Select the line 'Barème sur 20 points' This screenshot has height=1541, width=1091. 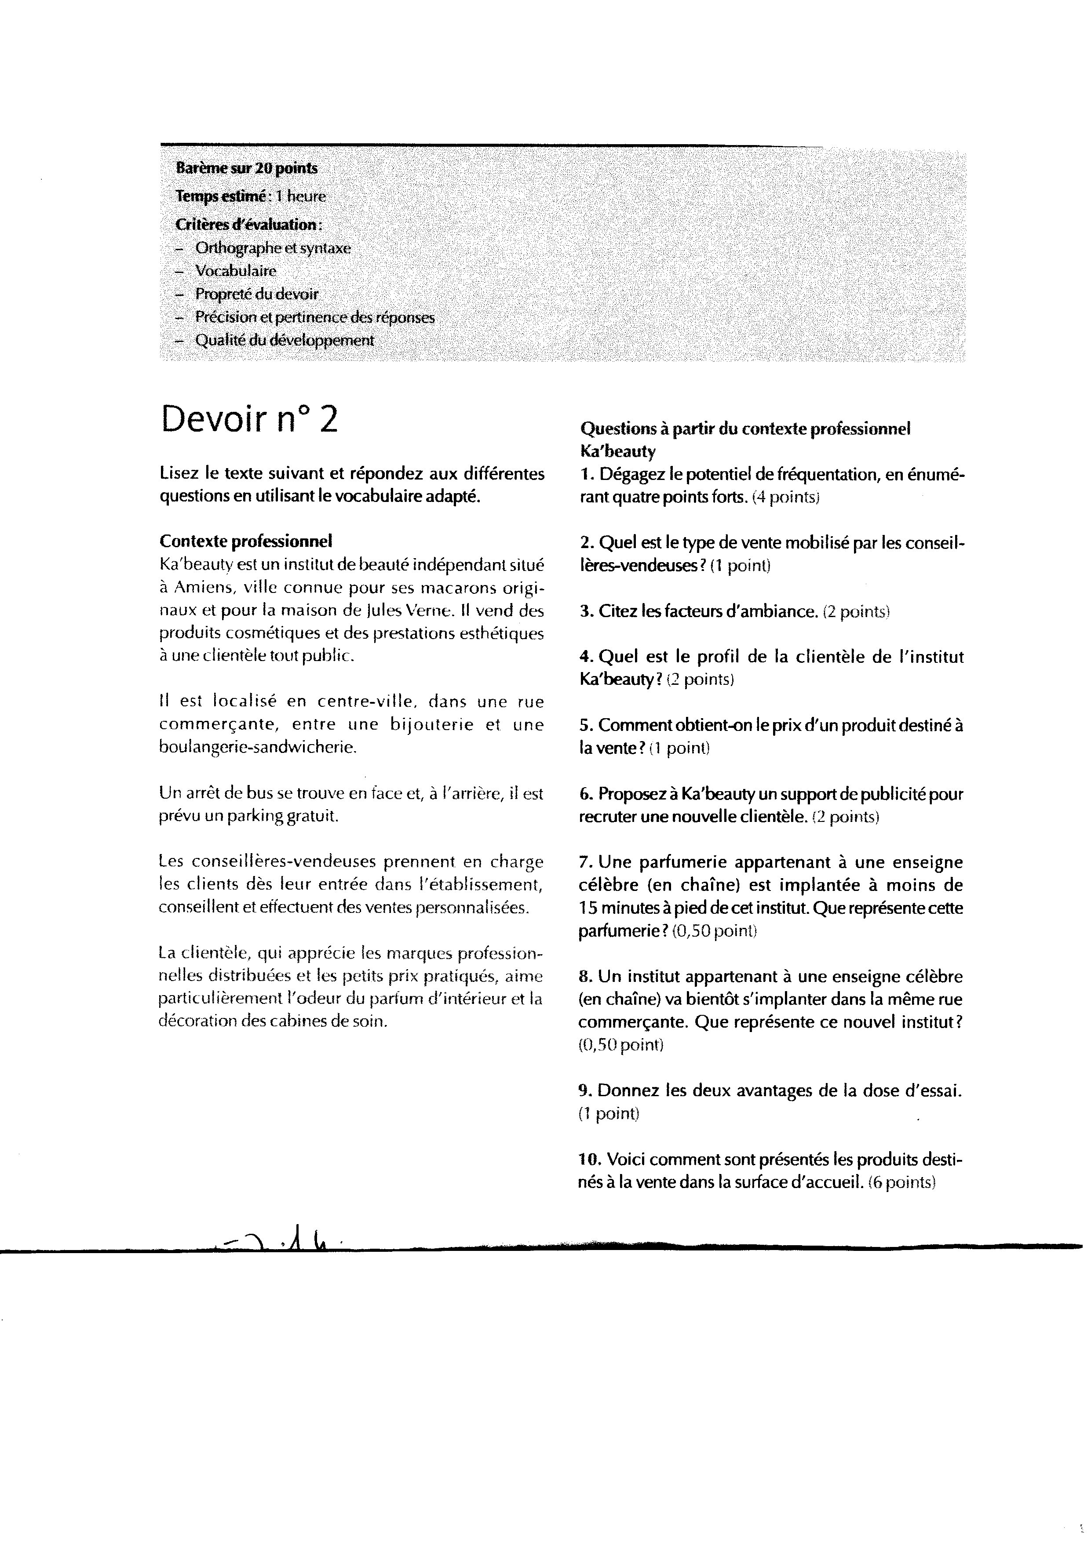(247, 168)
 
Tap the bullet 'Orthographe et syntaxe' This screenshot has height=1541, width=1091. (273, 248)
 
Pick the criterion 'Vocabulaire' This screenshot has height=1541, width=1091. (236, 271)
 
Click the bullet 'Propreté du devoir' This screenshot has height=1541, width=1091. (257, 294)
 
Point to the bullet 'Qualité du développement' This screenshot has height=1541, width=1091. (284, 341)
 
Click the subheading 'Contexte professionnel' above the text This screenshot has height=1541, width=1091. (246, 541)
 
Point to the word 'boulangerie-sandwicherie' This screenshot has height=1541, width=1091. (257, 747)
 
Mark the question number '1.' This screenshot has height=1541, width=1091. (587, 475)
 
